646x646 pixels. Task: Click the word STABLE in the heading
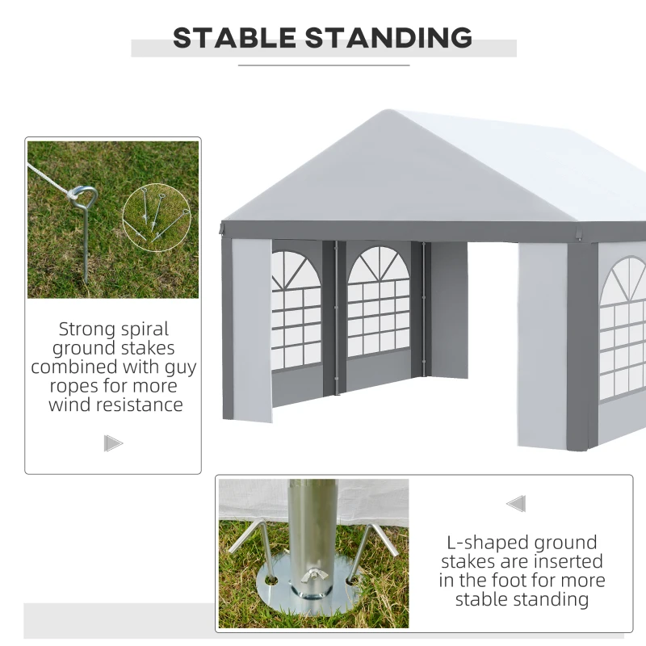pyautogui.click(x=234, y=37)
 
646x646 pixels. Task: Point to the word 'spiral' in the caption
pyautogui.click(x=143, y=329)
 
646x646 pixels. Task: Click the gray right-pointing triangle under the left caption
pyautogui.click(x=113, y=443)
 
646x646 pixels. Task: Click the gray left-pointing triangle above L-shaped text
pyautogui.click(x=516, y=504)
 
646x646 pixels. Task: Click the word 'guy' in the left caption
pyautogui.click(x=179, y=367)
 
